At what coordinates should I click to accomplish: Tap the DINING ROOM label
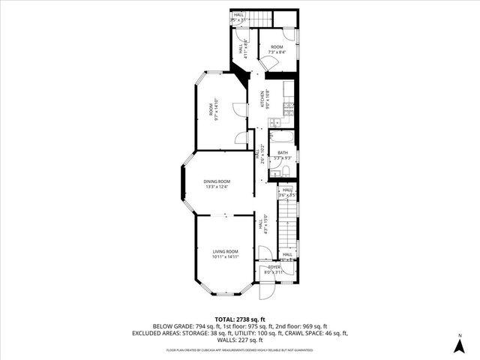point(217,181)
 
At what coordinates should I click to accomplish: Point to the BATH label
point(282,153)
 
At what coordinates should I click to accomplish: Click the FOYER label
point(275,266)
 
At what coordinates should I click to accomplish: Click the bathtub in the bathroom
point(283,138)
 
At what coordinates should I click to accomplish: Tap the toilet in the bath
point(287,172)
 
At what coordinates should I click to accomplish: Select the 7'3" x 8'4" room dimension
point(277,52)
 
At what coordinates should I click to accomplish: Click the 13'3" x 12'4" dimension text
point(217,187)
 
